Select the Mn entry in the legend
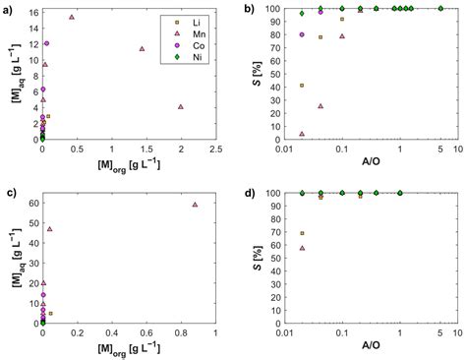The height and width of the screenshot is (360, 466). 189,32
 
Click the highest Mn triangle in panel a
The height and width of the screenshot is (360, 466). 72,18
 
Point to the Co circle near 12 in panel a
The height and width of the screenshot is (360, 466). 46,44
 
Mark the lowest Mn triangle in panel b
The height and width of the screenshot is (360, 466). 302,134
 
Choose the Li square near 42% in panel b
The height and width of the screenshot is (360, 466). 302,86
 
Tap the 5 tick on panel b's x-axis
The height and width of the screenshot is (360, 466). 440,150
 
